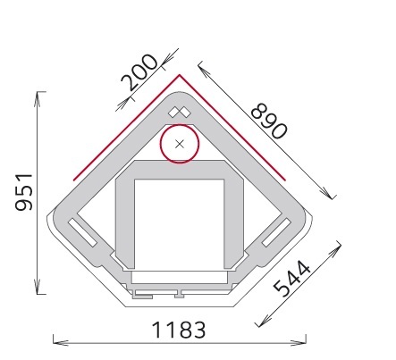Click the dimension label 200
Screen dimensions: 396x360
tap(139, 72)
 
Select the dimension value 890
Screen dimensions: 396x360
tap(269, 121)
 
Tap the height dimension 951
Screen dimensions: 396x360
tap(24, 192)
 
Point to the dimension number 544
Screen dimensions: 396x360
tap(292, 279)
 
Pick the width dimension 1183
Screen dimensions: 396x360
tap(179, 330)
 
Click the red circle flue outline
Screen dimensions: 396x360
tap(160, 144)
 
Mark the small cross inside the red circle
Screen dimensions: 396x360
tap(180, 144)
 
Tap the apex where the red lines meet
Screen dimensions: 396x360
tap(180, 75)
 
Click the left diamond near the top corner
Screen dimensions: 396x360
tap(173, 113)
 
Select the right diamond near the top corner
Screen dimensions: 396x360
tap(185, 113)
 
